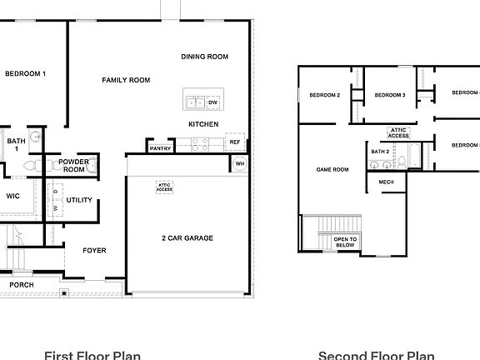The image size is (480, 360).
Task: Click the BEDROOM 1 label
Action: click(x=25, y=74)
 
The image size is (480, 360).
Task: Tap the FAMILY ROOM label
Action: click(x=126, y=80)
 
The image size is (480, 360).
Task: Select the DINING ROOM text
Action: click(x=204, y=57)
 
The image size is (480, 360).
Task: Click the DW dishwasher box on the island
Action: click(x=213, y=102)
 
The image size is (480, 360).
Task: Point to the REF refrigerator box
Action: click(x=235, y=142)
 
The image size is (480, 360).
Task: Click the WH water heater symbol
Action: click(x=239, y=163)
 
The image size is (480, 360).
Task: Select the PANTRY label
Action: click(x=160, y=148)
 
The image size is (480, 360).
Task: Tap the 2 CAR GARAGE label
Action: click(x=187, y=238)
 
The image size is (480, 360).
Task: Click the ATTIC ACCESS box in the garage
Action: click(x=164, y=187)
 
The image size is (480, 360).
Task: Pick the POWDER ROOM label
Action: click(x=74, y=165)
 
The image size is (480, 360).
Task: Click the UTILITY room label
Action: click(x=79, y=200)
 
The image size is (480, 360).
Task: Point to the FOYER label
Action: click(x=93, y=250)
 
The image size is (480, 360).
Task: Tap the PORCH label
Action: click(x=22, y=285)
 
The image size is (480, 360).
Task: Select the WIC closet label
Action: click(x=12, y=197)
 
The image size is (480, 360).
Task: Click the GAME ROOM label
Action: click(x=332, y=169)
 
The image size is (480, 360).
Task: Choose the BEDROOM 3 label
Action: click(x=389, y=96)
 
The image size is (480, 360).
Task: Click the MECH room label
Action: click(x=386, y=182)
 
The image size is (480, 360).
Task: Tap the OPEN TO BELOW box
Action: click(x=345, y=242)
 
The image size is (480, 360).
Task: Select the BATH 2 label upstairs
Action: click(x=382, y=151)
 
